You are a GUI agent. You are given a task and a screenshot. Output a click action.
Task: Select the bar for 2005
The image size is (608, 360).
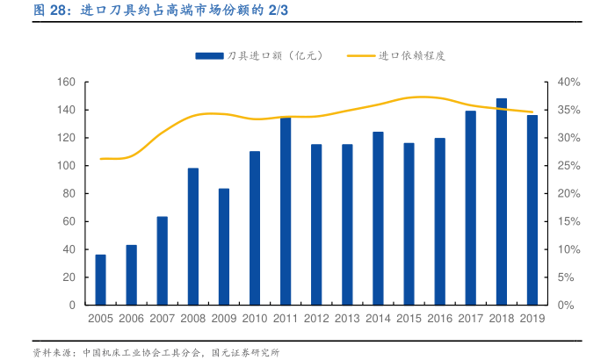[x=101, y=279]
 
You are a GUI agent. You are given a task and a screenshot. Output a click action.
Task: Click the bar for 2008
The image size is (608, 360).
[x=193, y=236]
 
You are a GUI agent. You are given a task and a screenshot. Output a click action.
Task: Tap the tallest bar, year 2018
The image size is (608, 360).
[x=501, y=201]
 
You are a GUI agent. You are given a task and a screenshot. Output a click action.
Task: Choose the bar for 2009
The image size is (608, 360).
[x=224, y=247]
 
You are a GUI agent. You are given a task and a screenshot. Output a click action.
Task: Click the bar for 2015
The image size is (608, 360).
[x=409, y=224]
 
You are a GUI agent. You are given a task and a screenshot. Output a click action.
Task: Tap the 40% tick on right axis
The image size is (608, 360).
[x=569, y=82]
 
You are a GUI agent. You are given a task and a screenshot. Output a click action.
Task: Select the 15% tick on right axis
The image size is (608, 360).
[x=569, y=221]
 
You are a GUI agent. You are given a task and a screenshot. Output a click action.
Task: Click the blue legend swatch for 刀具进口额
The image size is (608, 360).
[x=208, y=55]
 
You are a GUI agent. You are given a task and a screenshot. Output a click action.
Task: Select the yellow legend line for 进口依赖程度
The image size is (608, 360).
[x=361, y=55]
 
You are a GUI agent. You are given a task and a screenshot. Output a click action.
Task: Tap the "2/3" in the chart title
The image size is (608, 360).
[x=278, y=11]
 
